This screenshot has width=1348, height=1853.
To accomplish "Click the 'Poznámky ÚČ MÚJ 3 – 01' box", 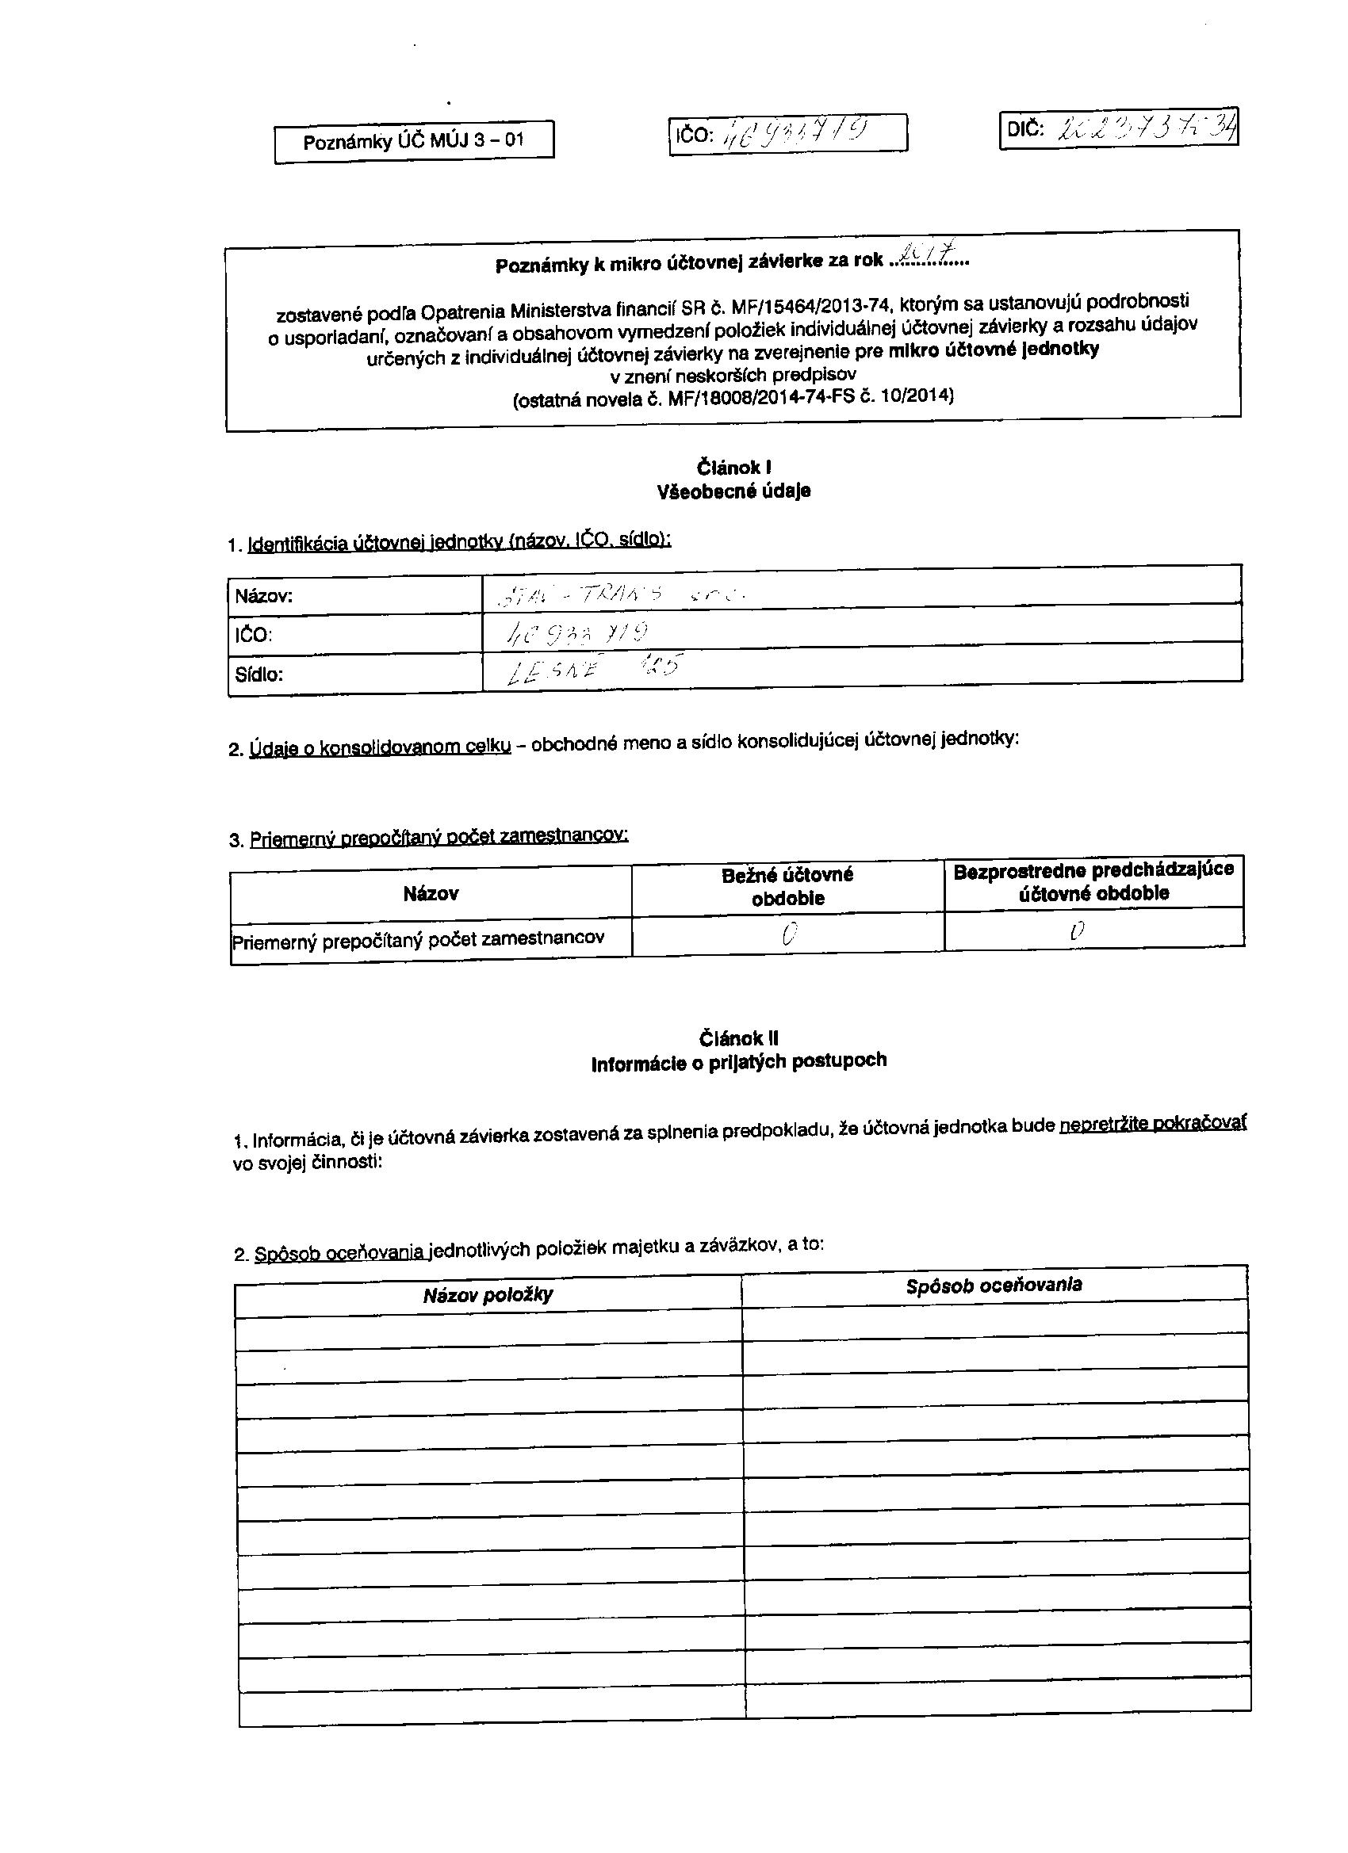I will click(x=414, y=141).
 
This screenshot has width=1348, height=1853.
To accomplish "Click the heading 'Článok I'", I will click(x=734, y=468).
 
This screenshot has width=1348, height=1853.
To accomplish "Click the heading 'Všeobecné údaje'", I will click(x=733, y=491).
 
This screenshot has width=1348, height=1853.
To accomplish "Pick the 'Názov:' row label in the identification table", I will click(x=263, y=596).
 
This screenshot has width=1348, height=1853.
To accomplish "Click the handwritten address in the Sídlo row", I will click(x=595, y=669).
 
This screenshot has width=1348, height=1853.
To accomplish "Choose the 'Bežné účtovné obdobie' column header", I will click(x=787, y=886).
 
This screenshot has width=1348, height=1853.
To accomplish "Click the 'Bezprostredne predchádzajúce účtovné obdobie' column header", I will click(x=1093, y=881).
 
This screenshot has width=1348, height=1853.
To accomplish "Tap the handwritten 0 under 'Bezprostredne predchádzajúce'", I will click(x=1078, y=930).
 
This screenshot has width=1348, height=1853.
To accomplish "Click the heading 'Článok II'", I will click(x=738, y=1038).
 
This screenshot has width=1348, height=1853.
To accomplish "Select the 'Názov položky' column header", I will click(x=488, y=1294).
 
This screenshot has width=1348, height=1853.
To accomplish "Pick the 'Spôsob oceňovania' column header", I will click(x=994, y=1286).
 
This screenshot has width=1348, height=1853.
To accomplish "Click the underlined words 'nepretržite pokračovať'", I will click(x=1153, y=1125).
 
